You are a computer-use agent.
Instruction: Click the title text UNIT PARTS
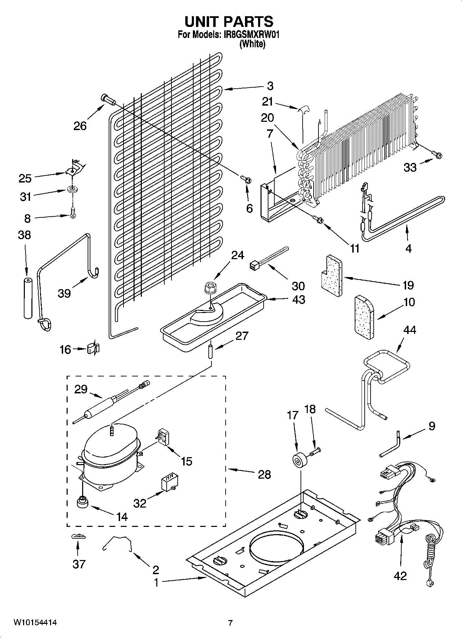[229, 22]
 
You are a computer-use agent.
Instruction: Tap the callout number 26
[80, 126]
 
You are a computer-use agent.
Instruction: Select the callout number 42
[400, 576]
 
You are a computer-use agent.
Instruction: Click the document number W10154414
[35, 622]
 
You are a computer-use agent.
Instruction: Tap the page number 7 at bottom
[230, 623]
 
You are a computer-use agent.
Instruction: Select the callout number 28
[264, 474]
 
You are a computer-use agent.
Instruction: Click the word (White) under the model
[253, 44]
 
